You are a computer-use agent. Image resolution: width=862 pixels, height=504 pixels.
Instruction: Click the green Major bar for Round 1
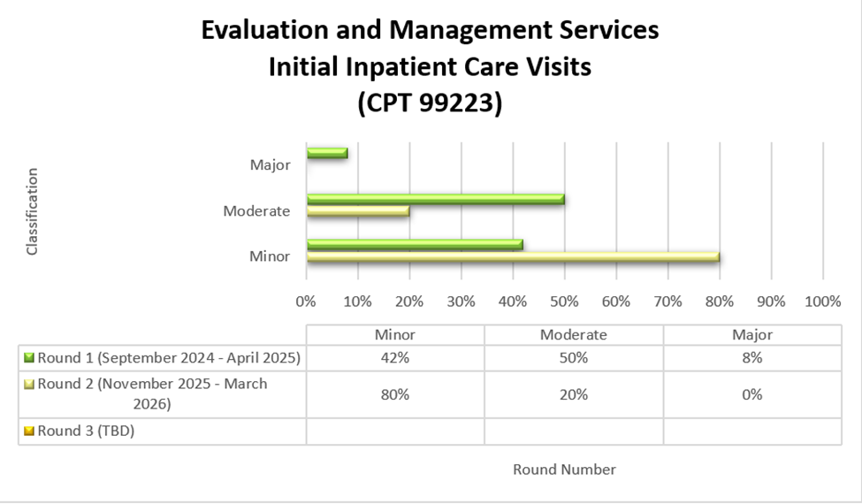point(327,153)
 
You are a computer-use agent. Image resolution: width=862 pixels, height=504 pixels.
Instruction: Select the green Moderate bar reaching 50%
point(435,199)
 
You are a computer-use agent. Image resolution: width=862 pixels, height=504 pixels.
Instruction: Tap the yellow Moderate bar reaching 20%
point(358,212)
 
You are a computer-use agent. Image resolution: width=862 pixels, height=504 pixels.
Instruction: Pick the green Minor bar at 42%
point(415,245)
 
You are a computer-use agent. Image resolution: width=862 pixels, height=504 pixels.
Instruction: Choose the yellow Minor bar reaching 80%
point(513,257)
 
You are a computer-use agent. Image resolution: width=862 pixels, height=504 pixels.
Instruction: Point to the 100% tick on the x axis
point(823,302)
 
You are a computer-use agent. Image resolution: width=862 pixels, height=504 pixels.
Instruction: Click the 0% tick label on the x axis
point(306,302)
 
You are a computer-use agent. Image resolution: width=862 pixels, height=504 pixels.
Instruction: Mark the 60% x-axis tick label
point(616,302)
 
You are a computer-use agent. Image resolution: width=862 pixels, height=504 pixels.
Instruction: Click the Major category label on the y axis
point(271,164)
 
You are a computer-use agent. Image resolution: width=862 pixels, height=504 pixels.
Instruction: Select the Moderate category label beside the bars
point(256,210)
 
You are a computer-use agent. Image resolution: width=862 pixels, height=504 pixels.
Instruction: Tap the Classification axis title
point(33,212)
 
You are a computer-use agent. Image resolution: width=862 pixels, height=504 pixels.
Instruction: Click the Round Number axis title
point(564,470)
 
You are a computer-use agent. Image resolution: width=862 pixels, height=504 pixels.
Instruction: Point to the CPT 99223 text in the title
point(430,103)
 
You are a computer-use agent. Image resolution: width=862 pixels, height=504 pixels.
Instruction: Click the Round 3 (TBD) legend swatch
point(28,431)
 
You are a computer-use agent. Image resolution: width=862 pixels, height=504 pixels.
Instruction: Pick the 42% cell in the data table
point(395,358)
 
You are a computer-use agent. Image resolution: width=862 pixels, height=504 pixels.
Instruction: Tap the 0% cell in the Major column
point(752,394)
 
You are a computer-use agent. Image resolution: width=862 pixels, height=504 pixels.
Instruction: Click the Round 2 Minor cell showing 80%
point(395,394)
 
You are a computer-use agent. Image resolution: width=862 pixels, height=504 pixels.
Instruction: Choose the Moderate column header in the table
point(574,335)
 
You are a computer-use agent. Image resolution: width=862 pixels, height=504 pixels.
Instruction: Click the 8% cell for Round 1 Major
point(752,358)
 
